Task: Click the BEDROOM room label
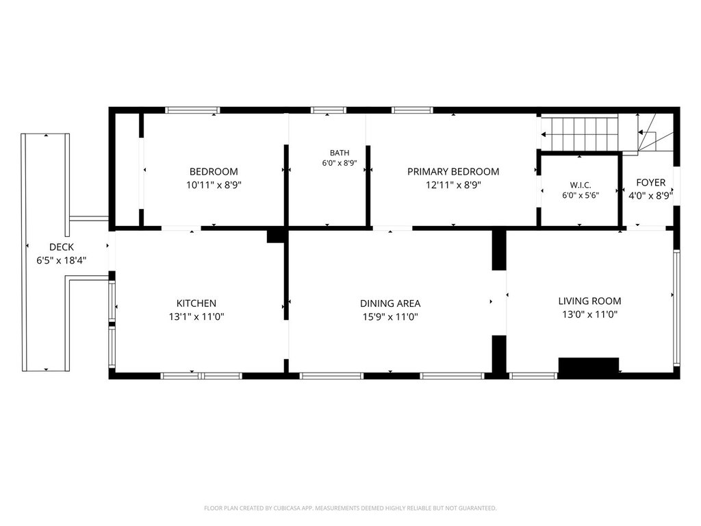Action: coord(214,172)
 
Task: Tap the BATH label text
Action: coord(340,153)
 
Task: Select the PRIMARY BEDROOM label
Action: coord(453,172)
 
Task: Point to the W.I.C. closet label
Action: coord(581,185)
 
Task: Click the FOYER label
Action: coord(650,182)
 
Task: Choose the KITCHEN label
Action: coord(196,303)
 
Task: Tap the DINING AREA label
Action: coord(390,303)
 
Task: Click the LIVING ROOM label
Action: coord(589,301)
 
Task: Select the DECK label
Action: coord(62,247)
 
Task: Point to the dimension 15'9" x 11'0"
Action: coord(390,316)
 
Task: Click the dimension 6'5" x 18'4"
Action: coord(62,260)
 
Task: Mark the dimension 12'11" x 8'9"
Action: coord(453,185)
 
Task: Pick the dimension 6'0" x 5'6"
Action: coord(581,195)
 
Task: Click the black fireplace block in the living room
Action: coord(589,365)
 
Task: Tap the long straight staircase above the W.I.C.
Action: coord(580,134)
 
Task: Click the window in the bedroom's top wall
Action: coord(192,110)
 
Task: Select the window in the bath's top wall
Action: coord(329,110)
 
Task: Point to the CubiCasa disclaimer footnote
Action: coord(350,508)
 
